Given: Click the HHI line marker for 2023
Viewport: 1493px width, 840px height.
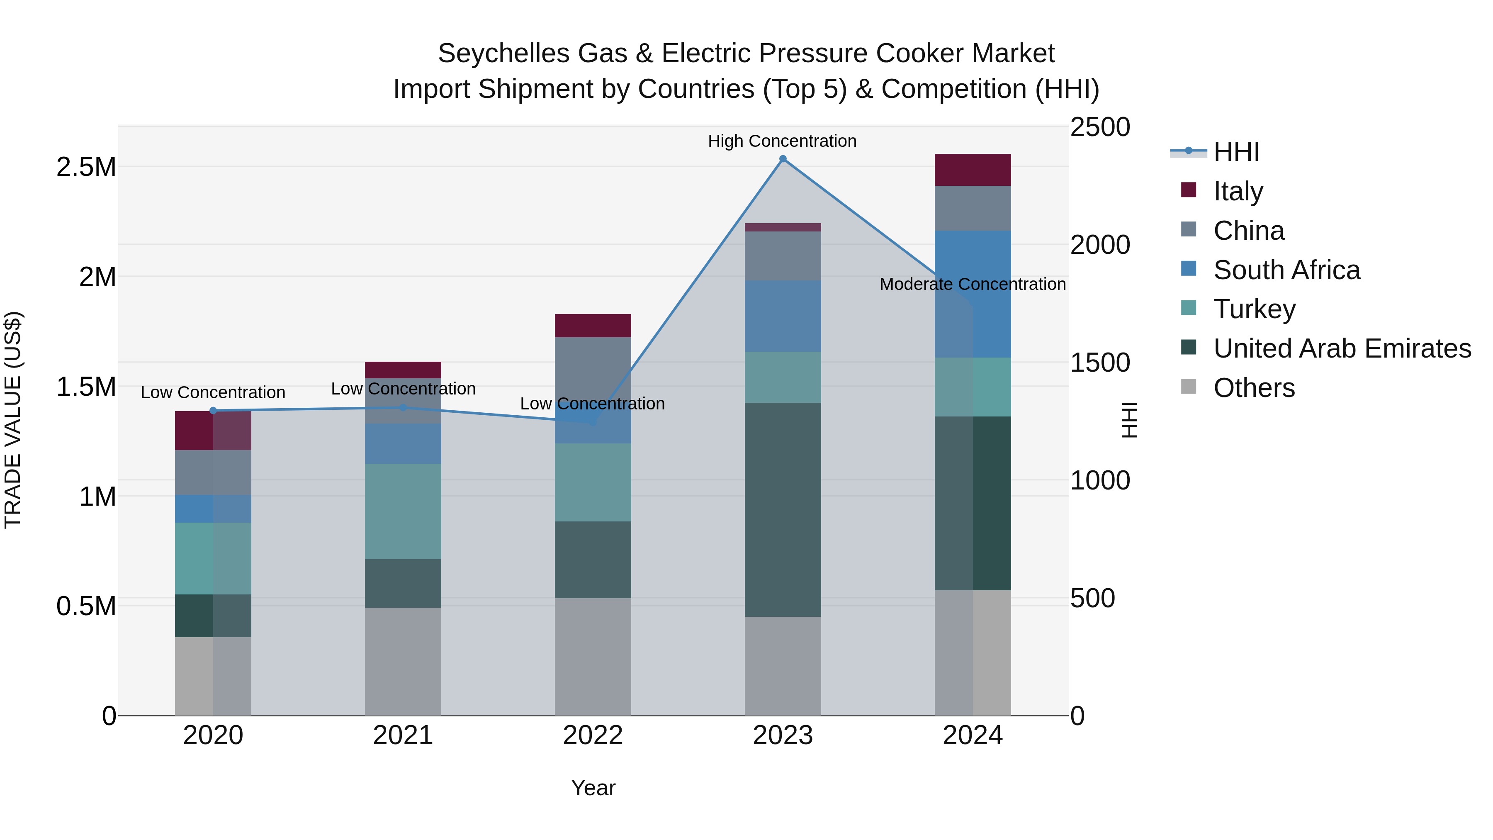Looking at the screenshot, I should point(783,159).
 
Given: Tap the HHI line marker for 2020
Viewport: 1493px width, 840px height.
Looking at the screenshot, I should point(213,410).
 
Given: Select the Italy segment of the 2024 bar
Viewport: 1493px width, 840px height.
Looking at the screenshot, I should point(973,170).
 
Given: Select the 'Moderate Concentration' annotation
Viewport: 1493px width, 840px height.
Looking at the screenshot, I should point(972,284).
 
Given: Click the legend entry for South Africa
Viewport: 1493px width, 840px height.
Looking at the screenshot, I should point(1286,270).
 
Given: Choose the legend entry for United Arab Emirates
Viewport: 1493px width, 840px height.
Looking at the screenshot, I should point(1342,348).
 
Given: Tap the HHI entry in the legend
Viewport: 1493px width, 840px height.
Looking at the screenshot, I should point(1236,152).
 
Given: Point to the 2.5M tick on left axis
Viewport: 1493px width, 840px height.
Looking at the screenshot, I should point(86,167).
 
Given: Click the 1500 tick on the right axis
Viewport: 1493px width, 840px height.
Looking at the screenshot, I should point(1099,363).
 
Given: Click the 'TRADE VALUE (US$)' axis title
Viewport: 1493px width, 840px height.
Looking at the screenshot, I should point(13,420).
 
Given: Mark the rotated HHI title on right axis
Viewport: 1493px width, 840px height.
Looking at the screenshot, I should point(1129,420).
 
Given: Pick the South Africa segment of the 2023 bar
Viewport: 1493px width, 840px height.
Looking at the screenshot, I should point(783,316).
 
